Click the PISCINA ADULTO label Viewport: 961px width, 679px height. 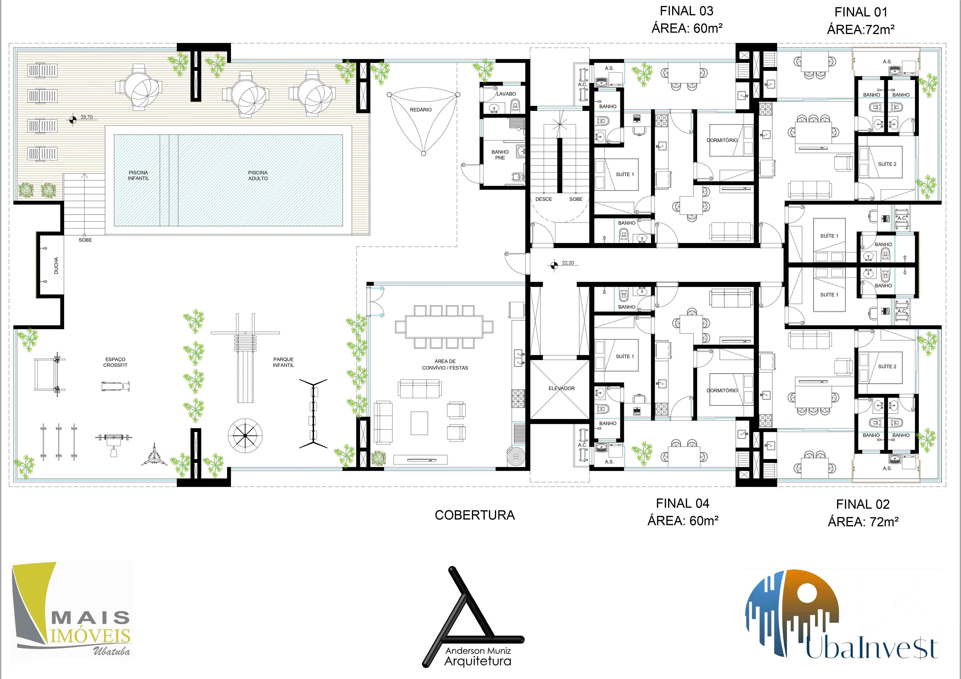click(258, 175)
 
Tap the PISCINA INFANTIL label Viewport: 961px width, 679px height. click(139, 175)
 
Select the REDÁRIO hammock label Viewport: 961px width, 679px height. click(421, 110)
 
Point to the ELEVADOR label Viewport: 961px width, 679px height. click(562, 389)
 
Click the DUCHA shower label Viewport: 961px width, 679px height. click(56, 265)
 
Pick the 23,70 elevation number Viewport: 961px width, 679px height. click(87, 117)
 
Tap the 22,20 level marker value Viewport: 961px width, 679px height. click(568, 263)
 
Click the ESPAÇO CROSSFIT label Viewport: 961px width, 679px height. click(116, 362)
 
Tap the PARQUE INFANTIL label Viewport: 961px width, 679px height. click(283, 362)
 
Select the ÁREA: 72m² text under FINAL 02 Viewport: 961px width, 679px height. click(863, 522)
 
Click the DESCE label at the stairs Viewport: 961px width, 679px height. click(544, 199)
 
